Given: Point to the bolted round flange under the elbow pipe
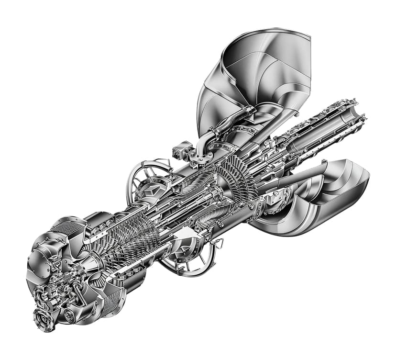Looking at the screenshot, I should point(197,157).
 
